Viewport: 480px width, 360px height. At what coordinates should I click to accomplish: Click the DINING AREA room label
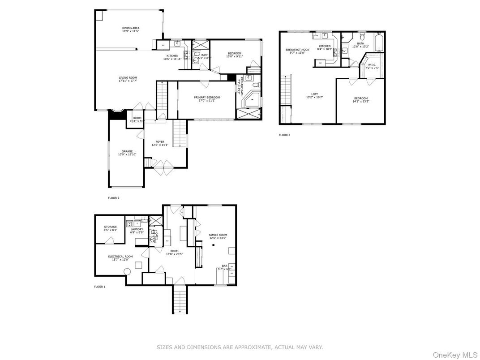click(130, 28)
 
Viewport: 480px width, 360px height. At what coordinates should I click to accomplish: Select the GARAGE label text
click(127, 151)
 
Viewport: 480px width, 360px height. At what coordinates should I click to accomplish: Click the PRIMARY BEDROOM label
click(207, 97)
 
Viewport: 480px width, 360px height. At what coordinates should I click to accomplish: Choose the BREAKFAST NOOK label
click(297, 50)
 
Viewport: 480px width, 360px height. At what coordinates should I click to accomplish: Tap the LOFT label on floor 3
click(314, 94)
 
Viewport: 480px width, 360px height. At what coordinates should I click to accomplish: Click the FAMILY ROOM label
click(218, 235)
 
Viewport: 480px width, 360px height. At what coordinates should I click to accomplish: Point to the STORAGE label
click(111, 227)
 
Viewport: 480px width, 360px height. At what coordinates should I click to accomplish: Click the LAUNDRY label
click(137, 229)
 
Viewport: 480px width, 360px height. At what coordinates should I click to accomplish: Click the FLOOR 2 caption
click(114, 197)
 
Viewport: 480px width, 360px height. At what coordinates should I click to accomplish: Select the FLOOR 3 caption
click(284, 135)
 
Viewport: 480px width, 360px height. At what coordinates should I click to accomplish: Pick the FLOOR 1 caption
click(99, 287)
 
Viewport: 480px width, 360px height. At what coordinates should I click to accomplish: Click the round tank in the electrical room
click(127, 271)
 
